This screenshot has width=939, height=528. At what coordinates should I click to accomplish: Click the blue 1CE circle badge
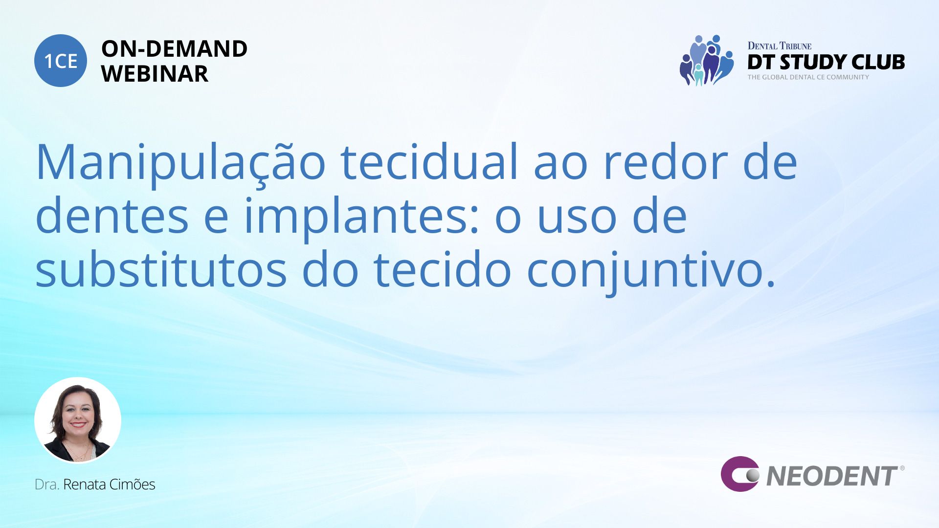[x=61, y=61]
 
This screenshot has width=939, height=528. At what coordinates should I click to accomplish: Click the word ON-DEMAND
[x=174, y=49]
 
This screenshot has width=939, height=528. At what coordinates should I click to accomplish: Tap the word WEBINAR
[x=155, y=74]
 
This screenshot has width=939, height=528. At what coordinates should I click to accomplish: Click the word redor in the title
[x=666, y=162]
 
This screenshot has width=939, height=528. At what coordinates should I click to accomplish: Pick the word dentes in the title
[x=112, y=216]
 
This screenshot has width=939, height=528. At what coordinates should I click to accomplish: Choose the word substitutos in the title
[x=161, y=269]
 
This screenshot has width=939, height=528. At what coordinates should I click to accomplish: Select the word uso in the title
[x=577, y=220]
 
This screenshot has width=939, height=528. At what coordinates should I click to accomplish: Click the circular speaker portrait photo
[x=78, y=420]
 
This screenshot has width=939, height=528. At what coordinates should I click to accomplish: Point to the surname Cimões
[x=132, y=484]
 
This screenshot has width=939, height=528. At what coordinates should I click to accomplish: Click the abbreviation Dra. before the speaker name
[x=47, y=484]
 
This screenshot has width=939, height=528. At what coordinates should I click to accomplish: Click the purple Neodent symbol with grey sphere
[x=740, y=474]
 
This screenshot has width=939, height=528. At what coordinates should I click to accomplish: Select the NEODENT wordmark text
[x=832, y=476]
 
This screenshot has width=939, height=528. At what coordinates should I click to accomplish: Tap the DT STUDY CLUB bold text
[x=826, y=63]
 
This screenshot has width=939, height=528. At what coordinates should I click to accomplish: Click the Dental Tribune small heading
[x=780, y=46]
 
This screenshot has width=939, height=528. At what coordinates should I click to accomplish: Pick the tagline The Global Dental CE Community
[x=808, y=77]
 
